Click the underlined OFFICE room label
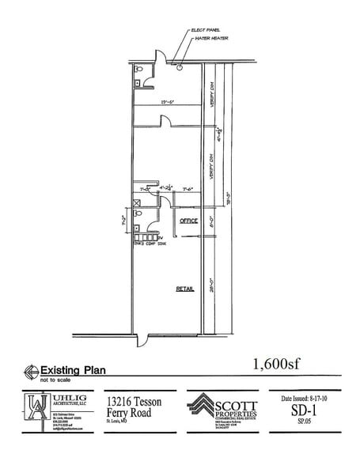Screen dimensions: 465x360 click(188, 221)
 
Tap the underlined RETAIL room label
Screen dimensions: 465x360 click(184, 290)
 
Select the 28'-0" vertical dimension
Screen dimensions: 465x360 click(212, 283)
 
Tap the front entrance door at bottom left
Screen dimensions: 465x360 click(142, 341)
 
